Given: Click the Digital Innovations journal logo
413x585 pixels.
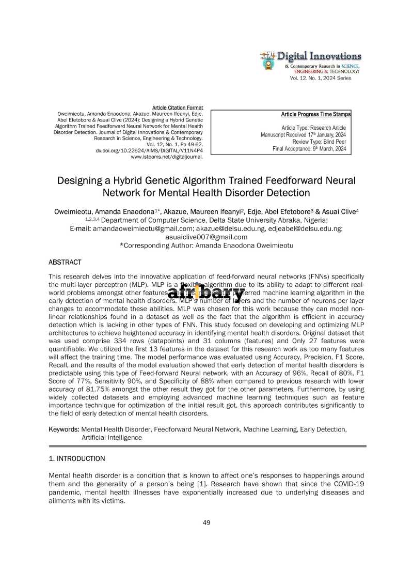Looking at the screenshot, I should tap(311, 61).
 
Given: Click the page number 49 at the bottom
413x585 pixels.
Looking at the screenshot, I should tap(206, 522).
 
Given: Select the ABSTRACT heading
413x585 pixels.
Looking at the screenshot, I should tap(65, 263).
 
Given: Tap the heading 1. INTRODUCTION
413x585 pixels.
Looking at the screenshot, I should tap(76, 458).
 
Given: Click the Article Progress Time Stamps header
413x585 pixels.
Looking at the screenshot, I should tap(315, 114).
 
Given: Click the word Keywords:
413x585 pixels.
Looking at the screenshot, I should tap(63, 429).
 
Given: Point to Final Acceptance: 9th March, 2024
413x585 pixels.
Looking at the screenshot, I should tap(309, 149).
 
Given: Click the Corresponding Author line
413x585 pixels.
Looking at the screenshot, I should tap(206, 245).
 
